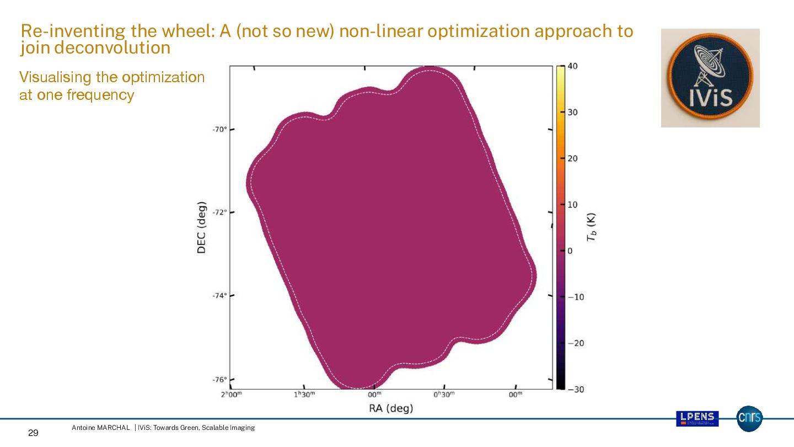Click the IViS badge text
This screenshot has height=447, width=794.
[711, 97]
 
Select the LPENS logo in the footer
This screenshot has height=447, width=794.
[697, 418]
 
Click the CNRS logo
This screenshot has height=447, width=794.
[749, 418]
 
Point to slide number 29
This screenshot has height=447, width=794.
[33, 433]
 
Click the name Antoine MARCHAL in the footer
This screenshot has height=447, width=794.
[101, 428]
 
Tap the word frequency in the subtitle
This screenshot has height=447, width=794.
[100, 95]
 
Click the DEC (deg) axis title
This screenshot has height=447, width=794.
[202, 227]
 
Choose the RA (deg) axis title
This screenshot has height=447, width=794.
[391, 408]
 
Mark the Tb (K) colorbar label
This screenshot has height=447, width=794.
[592, 227]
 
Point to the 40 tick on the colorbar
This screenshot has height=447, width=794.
[572, 66]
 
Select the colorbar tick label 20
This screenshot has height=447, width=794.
[573, 158]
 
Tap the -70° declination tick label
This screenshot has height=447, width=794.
[219, 129]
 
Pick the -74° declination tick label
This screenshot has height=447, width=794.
[219, 296]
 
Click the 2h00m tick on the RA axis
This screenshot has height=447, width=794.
[231, 395]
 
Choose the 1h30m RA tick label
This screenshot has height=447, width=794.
[304, 395]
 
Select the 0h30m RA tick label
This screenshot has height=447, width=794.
[444, 395]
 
